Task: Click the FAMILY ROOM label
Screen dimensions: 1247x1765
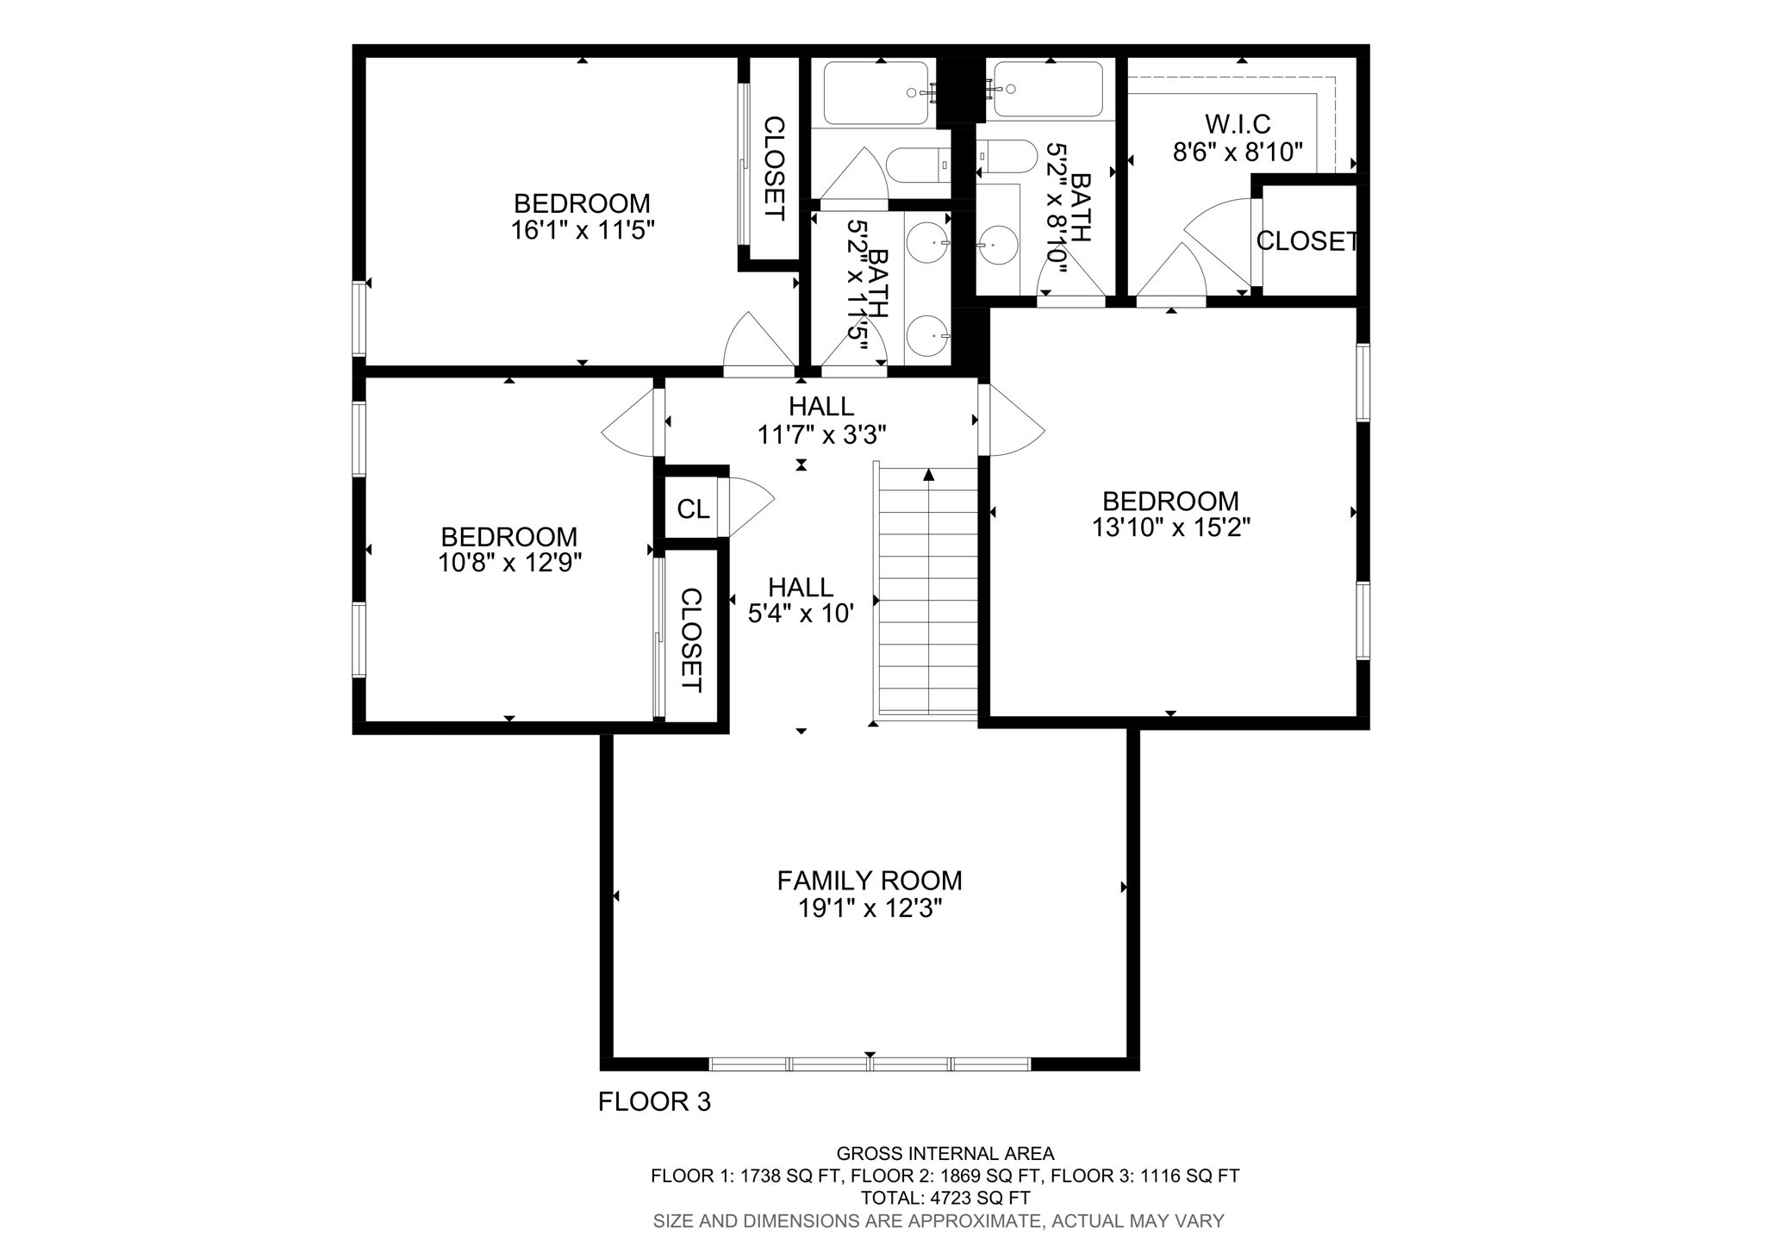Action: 869,881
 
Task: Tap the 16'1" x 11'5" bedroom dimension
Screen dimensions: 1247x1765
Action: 583,231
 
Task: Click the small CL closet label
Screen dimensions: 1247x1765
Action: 693,509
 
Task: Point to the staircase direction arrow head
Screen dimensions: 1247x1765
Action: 928,474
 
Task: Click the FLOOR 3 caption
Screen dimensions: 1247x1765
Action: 654,1102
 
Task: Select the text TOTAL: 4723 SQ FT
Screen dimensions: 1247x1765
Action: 945,1198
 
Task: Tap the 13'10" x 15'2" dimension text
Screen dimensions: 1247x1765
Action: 1170,527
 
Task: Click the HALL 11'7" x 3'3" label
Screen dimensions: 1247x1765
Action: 821,421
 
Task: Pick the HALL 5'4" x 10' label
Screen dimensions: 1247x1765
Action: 801,601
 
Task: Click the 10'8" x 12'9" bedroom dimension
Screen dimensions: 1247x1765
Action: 509,564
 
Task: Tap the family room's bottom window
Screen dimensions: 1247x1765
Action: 869,1064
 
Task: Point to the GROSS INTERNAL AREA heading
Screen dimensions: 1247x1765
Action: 945,1153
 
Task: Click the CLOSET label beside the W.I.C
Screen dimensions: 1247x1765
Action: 1307,241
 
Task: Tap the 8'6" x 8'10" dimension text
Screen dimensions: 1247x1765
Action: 1238,153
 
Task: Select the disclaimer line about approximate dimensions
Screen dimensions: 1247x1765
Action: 938,1220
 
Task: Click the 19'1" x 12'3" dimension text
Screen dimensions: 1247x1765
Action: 869,908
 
